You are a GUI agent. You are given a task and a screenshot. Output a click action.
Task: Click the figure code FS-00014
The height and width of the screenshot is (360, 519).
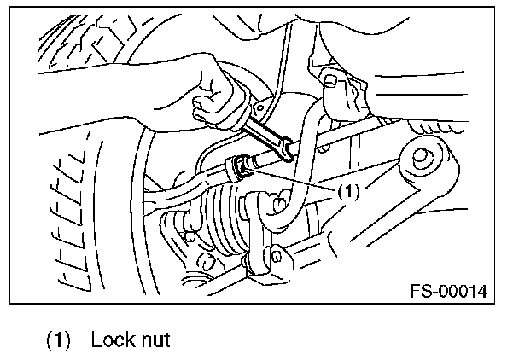coord(447,291)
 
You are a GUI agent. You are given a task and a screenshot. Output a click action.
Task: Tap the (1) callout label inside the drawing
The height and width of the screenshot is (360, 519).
coord(348,192)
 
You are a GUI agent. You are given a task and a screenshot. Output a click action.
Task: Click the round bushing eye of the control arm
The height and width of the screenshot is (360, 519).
coord(421,159)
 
